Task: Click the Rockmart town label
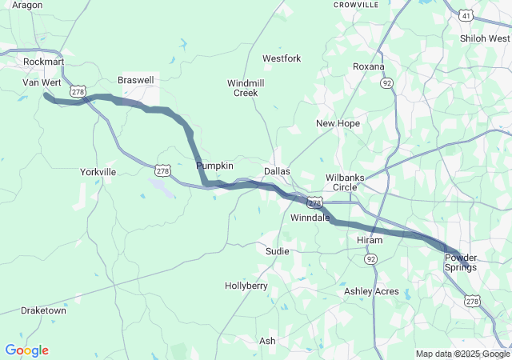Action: tap(43, 62)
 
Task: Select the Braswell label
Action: tap(135, 81)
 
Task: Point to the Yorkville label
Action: tap(98, 172)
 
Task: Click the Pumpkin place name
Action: tap(214, 166)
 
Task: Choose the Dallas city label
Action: tap(278, 171)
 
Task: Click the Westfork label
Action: tap(282, 59)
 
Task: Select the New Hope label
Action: tap(338, 123)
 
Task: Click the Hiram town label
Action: tap(370, 240)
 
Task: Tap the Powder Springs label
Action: tap(461, 262)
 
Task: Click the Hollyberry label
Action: tap(246, 286)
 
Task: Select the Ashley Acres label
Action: tap(371, 291)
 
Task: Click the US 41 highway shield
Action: tap(466, 15)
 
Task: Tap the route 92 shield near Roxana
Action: tap(387, 82)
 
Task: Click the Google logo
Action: tap(26, 350)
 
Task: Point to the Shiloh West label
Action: tap(485, 38)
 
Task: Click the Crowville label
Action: tap(355, 4)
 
